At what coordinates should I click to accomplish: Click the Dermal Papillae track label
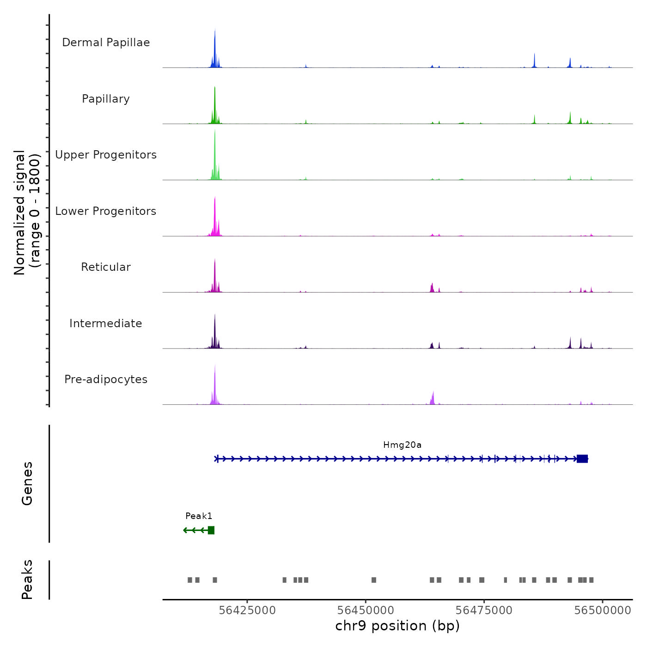click(106, 43)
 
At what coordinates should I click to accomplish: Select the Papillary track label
click(106, 99)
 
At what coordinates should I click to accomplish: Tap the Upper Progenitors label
click(106, 155)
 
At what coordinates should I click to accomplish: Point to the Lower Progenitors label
click(106, 211)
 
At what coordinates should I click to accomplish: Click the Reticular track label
click(106, 267)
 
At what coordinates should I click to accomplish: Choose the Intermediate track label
click(106, 323)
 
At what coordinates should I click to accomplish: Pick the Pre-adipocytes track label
click(106, 379)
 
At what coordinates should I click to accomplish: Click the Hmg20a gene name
click(402, 445)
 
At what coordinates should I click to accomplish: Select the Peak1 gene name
click(199, 516)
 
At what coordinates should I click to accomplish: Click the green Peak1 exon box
click(211, 530)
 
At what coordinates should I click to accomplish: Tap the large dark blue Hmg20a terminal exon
click(582, 458)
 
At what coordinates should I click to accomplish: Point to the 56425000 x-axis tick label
click(247, 610)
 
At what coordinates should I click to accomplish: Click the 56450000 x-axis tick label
click(366, 610)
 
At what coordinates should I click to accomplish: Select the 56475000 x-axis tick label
click(484, 610)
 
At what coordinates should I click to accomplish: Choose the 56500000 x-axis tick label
click(603, 610)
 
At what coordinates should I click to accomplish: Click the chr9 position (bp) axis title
click(397, 626)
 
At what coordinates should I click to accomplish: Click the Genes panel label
click(27, 483)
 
